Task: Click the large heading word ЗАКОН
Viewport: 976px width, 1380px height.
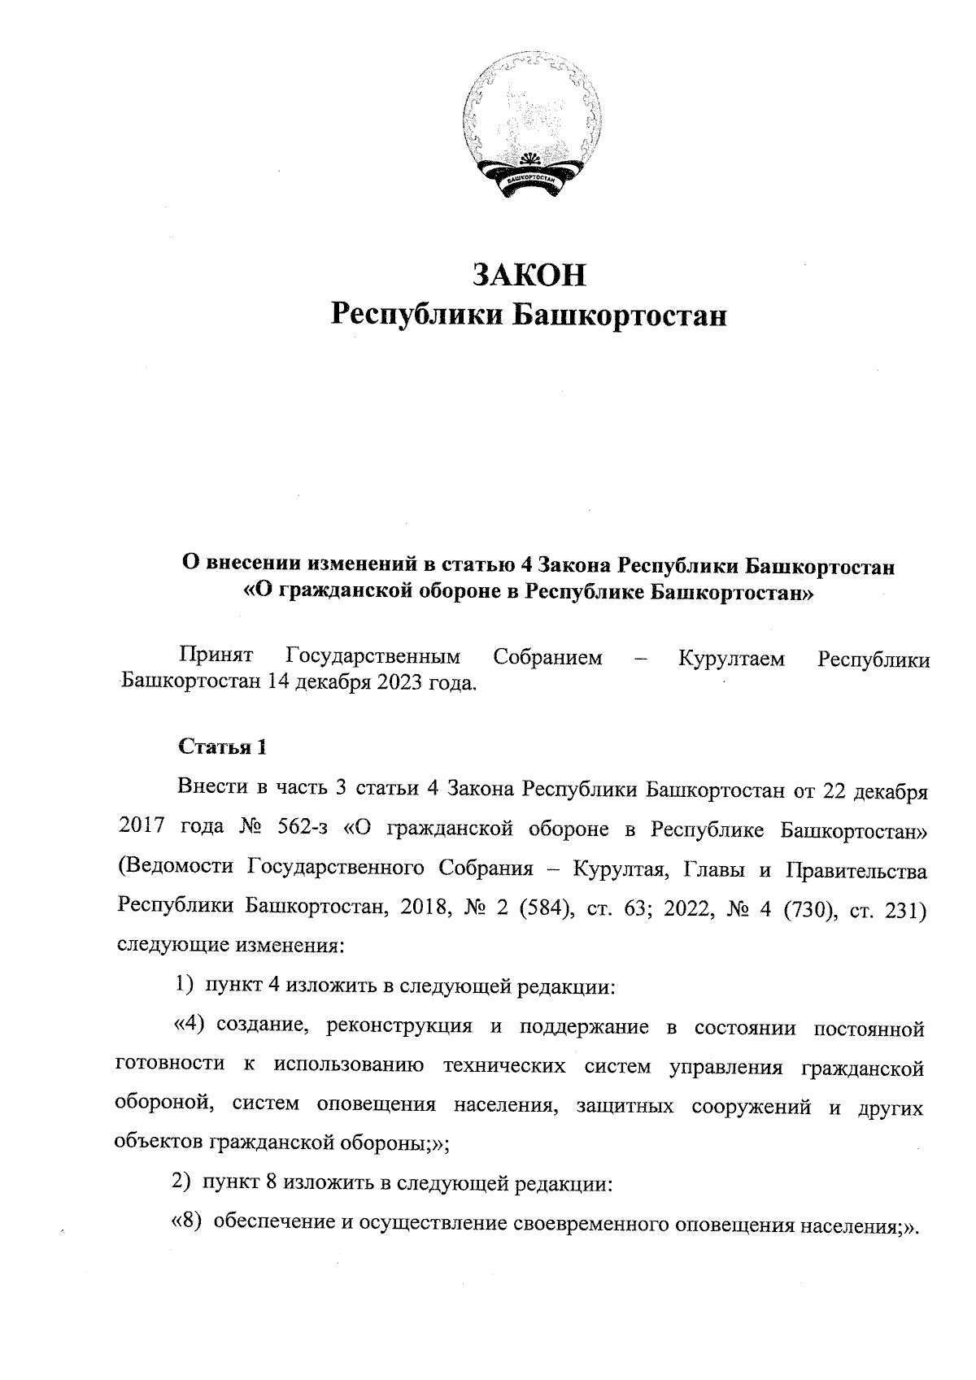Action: click(529, 275)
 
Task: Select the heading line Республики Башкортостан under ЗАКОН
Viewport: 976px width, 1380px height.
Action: click(529, 315)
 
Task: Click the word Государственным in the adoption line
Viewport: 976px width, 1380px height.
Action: click(373, 657)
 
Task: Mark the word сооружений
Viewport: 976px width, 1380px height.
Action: click(750, 1105)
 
